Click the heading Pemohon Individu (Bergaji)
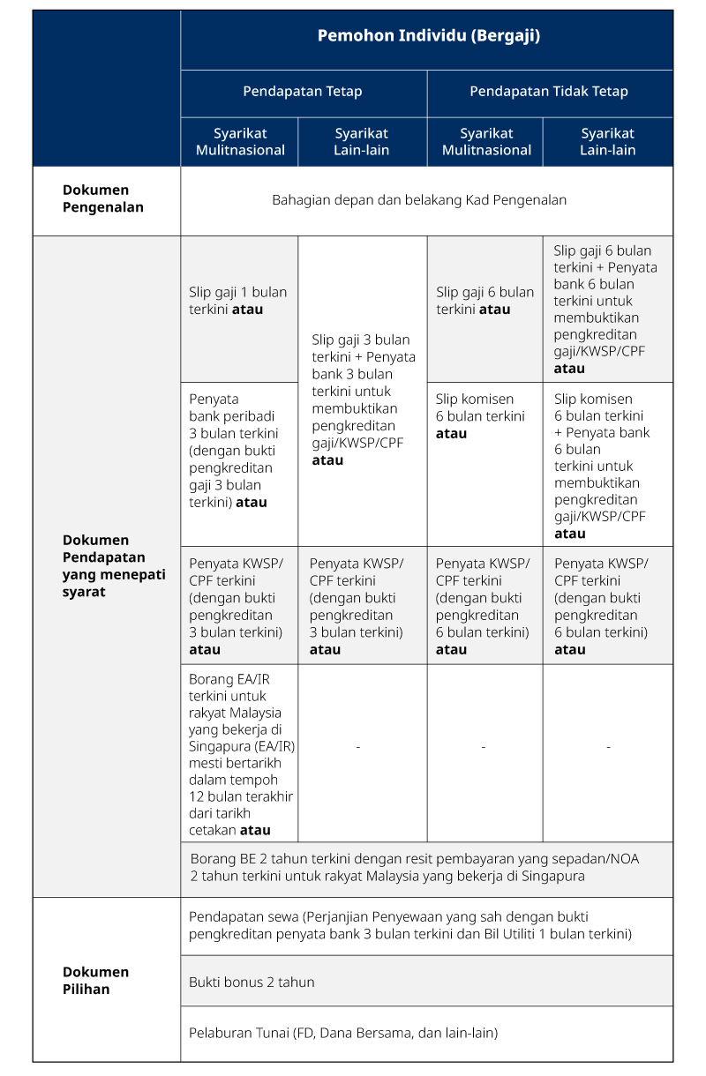[x=428, y=36]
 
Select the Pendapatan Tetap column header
[x=303, y=92]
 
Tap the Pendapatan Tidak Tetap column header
[x=549, y=92]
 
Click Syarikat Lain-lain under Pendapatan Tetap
[x=362, y=142]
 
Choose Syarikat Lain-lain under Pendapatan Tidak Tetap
[x=607, y=142]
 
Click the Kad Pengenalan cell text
[x=419, y=200]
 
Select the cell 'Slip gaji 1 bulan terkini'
[x=237, y=301]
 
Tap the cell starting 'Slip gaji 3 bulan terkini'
[x=363, y=399]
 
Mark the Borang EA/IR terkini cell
[x=240, y=755]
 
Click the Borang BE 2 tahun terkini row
[x=414, y=867]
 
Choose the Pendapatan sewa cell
[x=409, y=925]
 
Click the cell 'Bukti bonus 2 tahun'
[x=252, y=982]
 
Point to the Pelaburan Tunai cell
[x=343, y=1033]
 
